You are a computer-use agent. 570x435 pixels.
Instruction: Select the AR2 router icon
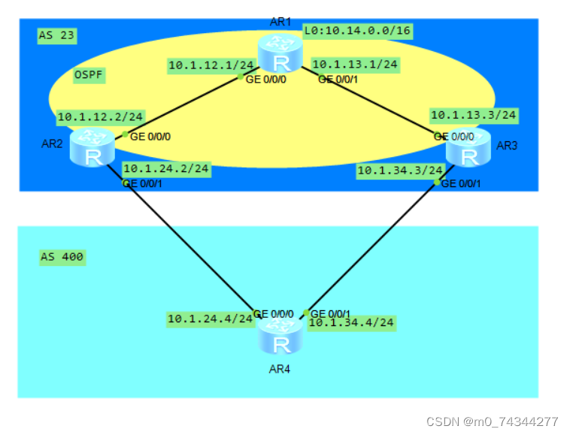[x=92, y=146]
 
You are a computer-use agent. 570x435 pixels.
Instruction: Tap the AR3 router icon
[x=468, y=146]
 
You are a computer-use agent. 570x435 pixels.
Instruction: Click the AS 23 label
[x=56, y=35]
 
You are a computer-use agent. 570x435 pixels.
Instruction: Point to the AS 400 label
[x=62, y=258]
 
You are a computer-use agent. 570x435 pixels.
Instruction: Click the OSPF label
[x=89, y=75]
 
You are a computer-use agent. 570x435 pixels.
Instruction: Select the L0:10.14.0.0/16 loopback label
[x=357, y=30]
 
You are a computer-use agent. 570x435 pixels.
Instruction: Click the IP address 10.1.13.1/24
[x=354, y=65]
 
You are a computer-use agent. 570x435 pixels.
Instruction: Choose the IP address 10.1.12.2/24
[x=100, y=116]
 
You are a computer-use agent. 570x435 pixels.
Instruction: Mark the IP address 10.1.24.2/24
[x=165, y=169]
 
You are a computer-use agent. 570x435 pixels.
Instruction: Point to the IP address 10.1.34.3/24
[x=400, y=171]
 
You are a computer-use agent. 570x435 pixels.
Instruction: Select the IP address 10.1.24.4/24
[x=210, y=319]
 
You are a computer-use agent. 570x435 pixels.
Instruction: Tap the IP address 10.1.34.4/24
[x=352, y=323]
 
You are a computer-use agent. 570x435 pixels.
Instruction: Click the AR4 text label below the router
[x=279, y=369]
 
